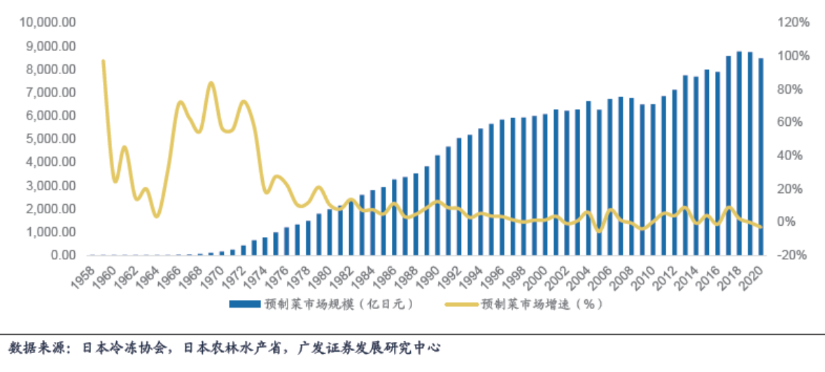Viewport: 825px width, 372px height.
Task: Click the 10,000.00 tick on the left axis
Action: [48, 22]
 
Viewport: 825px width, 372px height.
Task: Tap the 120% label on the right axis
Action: [794, 22]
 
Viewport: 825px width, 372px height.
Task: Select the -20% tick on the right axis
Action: [794, 255]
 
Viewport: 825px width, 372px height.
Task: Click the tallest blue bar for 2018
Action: [739, 153]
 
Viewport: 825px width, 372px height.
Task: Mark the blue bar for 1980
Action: [330, 232]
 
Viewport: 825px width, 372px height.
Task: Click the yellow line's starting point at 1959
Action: [104, 62]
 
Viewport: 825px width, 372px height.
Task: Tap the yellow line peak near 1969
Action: [211, 83]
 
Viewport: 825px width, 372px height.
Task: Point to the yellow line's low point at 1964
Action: [157, 215]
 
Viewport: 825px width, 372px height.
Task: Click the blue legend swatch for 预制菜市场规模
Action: [244, 304]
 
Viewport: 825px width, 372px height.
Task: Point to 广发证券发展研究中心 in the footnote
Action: [372, 348]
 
